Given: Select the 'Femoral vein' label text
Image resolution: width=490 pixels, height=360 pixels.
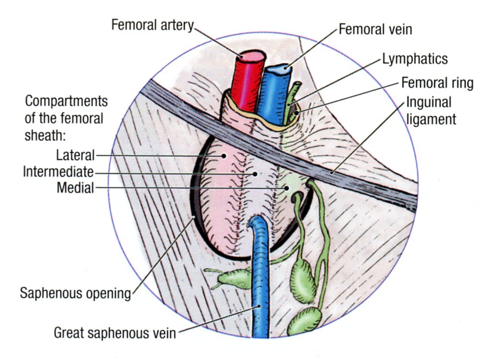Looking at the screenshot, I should [375, 30].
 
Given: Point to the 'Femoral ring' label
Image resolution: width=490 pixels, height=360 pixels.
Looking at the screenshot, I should [437, 83].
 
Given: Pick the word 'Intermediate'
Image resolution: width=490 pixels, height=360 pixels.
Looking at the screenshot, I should [58, 172].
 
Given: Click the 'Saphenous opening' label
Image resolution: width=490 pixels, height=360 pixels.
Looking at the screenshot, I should [76, 293].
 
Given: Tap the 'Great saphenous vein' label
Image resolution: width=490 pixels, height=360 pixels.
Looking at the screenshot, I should [115, 332].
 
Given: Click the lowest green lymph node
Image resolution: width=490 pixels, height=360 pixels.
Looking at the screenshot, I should [304, 321].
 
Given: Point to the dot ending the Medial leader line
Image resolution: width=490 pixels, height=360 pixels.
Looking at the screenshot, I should [286, 188].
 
